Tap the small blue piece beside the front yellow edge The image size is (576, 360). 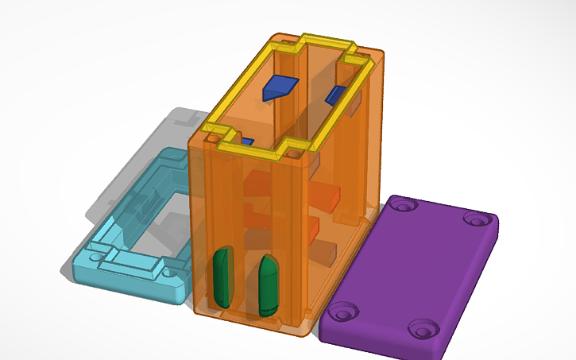coord(247,142)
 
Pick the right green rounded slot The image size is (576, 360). coord(268,284)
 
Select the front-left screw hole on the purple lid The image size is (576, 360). coord(344,312)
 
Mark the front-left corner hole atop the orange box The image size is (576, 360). coord(213,137)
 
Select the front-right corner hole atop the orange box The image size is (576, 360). coord(296,149)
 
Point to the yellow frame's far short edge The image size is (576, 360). coord(326,39)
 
